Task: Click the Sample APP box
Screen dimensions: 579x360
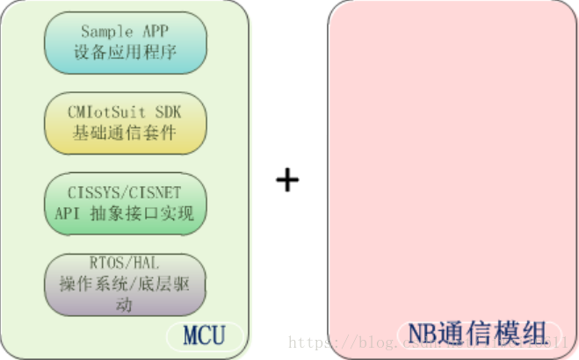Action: [125, 41]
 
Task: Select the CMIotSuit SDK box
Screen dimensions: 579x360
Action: [125, 123]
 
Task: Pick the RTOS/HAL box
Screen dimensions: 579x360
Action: [125, 284]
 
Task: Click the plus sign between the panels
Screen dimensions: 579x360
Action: [287, 180]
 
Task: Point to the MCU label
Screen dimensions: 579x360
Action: [204, 335]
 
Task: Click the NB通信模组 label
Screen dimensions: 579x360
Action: [471, 334]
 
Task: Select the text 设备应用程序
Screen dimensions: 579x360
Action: [125, 52]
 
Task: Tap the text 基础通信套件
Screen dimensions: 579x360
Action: [125, 133]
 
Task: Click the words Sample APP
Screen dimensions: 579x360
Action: [125, 32]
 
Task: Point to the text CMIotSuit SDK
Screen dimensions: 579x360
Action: [125, 113]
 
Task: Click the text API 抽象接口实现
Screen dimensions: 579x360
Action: [125, 213]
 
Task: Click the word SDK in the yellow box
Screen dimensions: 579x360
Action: [166, 113]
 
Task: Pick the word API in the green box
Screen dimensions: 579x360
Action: [67, 213]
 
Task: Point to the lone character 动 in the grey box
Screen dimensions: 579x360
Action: [125, 304]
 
